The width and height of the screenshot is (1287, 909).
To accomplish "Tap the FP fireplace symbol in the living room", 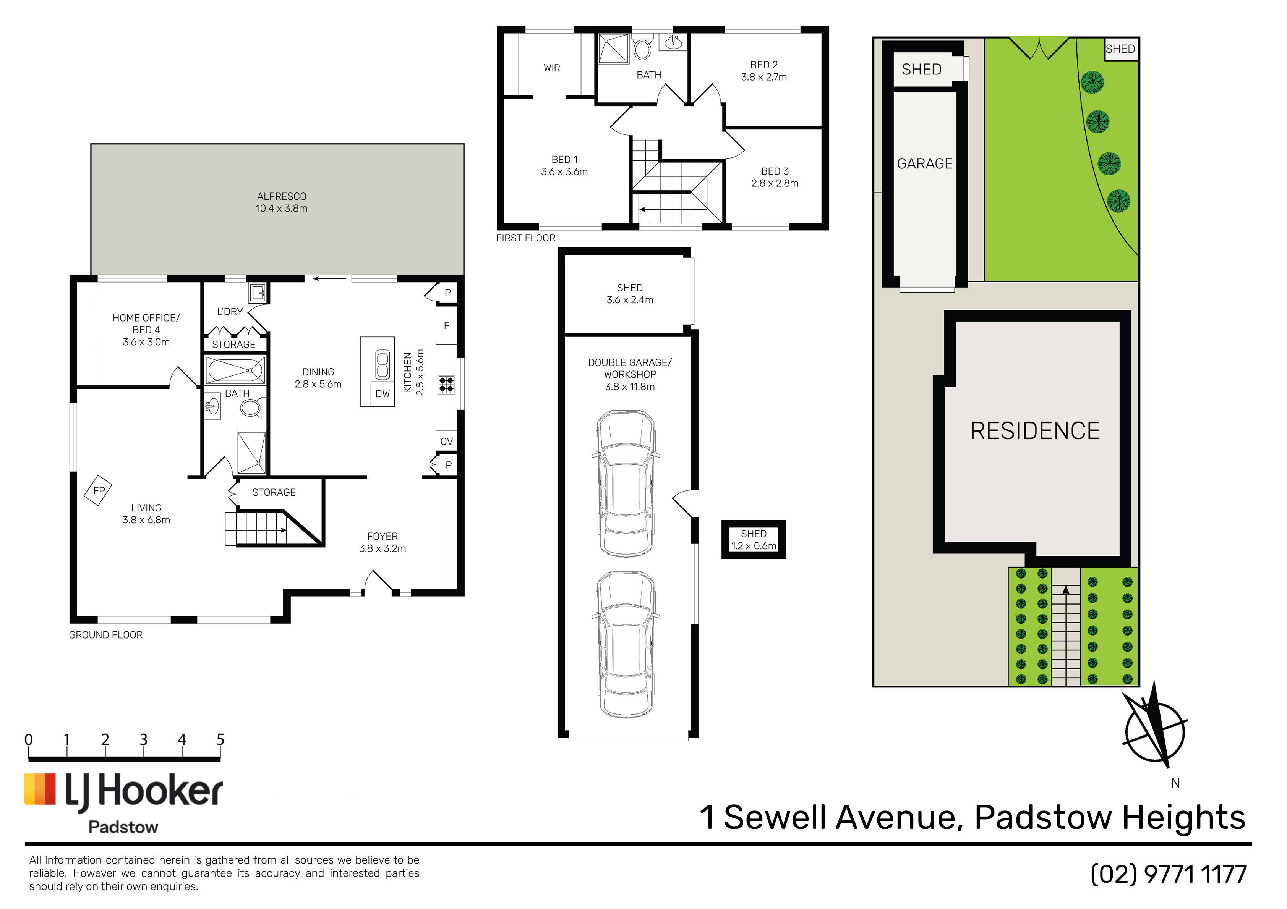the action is click(98, 491).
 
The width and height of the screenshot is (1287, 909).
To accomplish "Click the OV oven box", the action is click(447, 442).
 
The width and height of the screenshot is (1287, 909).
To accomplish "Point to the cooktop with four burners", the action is click(447, 385).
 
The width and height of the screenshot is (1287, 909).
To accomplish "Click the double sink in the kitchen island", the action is click(383, 365).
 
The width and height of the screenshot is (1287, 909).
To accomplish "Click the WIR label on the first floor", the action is click(551, 68).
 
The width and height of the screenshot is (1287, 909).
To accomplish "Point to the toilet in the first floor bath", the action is click(642, 48).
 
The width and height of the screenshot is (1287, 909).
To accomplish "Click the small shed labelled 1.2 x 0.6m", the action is click(754, 540).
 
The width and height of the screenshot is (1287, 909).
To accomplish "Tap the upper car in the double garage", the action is click(626, 484).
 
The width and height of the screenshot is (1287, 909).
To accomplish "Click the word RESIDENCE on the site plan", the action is click(1035, 431).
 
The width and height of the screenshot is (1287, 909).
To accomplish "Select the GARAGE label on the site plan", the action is click(925, 163).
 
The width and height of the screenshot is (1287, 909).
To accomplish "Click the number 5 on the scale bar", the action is click(220, 740).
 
